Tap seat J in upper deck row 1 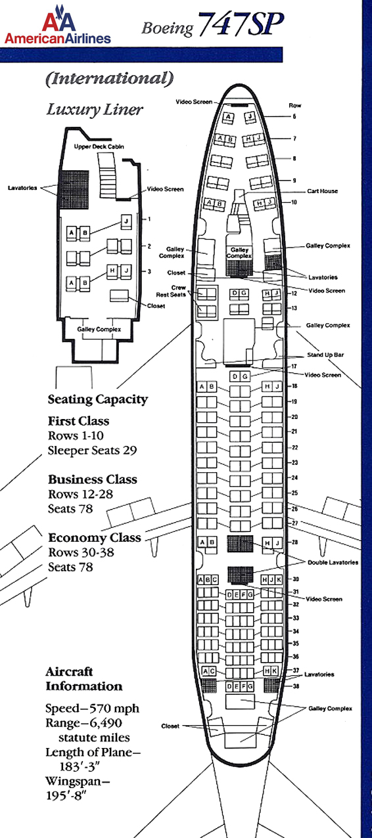click(126, 222)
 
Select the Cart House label click(322, 191)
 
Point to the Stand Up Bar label click(325, 355)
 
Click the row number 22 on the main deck click(294, 447)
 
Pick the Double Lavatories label click(333, 562)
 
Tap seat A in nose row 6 click(228, 118)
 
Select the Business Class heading click(93, 479)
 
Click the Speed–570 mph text click(92, 708)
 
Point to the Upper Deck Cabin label click(99, 146)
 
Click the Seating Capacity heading click(98, 399)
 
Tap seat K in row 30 click(279, 580)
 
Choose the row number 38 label click(296, 686)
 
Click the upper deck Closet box click(120, 296)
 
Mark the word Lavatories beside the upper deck click(22, 188)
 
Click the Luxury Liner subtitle click(95, 110)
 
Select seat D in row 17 click(235, 376)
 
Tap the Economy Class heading click(95, 538)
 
